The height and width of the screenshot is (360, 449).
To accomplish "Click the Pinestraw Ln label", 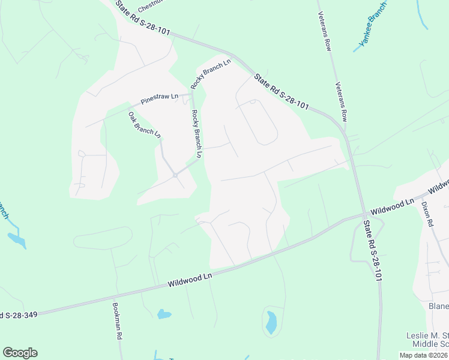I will pyautogui.click(x=160, y=97).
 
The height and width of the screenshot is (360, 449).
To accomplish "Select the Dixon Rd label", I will pyautogui.click(x=427, y=213).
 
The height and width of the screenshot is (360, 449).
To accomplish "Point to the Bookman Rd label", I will pyautogui.click(x=117, y=321).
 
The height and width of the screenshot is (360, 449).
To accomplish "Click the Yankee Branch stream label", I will pyautogui.click(x=373, y=29).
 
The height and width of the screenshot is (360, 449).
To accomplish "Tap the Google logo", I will pyautogui.click(x=20, y=353).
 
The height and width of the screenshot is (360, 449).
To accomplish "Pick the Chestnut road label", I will pyautogui.click(x=151, y=6).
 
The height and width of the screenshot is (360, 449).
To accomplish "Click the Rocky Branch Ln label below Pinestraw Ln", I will pyautogui.click(x=197, y=133).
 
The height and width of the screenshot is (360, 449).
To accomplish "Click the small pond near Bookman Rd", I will pyautogui.click(x=163, y=314).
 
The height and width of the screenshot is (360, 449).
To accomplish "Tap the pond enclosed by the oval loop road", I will pyautogui.click(x=271, y=322).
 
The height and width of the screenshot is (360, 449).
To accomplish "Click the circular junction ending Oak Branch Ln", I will pyautogui.click(x=175, y=175).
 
